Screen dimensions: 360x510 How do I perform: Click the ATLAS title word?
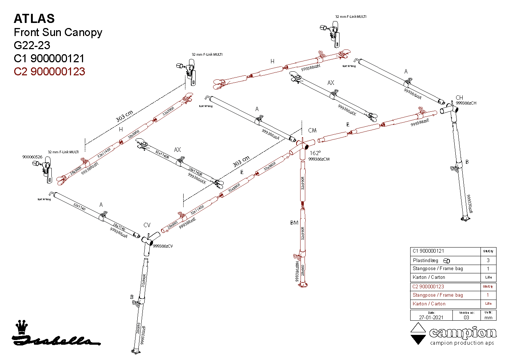click(x=34, y=19)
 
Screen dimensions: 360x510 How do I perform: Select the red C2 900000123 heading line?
click(x=49, y=71)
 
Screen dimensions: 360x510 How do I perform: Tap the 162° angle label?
click(x=315, y=153)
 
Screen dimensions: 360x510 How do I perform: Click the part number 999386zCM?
click(x=319, y=159)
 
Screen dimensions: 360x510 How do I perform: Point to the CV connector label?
click(x=147, y=225)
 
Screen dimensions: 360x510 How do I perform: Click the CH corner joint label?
click(x=459, y=98)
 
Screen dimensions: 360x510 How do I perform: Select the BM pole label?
click(x=294, y=223)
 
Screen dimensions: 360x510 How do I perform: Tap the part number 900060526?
click(x=32, y=157)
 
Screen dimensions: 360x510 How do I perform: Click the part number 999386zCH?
click(x=466, y=103)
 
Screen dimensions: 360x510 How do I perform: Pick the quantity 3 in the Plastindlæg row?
click(x=488, y=260)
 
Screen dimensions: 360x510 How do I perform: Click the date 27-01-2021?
click(x=431, y=317)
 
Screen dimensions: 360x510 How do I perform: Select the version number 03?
click(x=466, y=317)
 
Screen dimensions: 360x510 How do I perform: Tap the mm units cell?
click(x=488, y=317)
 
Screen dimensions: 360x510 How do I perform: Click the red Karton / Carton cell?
click(x=429, y=304)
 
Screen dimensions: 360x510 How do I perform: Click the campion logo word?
click(x=463, y=333)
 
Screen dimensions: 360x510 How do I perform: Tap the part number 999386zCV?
click(x=163, y=246)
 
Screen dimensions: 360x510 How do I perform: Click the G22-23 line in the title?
click(x=32, y=45)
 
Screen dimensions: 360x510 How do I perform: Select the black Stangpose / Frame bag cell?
click(x=438, y=269)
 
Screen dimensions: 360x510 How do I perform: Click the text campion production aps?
click(x=462, y=343)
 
